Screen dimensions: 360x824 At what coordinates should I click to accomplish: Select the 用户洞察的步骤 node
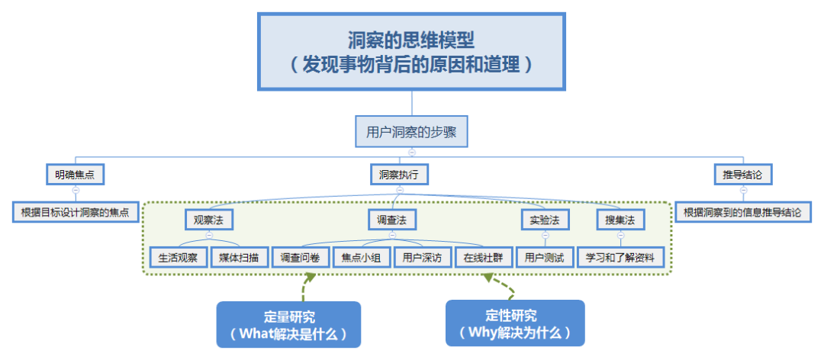click(411, 131)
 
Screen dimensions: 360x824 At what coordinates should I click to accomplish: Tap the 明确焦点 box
click(75, 175)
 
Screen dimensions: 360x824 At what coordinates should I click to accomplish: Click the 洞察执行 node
click(399, 175)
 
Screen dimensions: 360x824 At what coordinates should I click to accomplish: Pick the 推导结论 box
click(742, 175)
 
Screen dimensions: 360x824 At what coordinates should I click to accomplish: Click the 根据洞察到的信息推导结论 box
click(742, 212)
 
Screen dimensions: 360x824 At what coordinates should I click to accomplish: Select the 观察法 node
click(208, 220)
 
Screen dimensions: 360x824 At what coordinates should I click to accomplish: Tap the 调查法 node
click(392, 220)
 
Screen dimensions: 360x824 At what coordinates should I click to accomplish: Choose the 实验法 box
click(545, 220)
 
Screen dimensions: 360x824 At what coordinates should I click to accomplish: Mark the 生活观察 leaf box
click(178, 257)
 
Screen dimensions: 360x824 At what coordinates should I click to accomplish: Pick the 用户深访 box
click(422, 257)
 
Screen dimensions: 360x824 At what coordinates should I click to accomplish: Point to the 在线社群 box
click(483, 257)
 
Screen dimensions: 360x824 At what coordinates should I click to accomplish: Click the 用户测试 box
click(544, 257)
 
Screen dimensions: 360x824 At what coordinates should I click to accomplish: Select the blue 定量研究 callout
click(288, 325)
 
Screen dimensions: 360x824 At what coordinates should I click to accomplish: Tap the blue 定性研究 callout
click(515, 323)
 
